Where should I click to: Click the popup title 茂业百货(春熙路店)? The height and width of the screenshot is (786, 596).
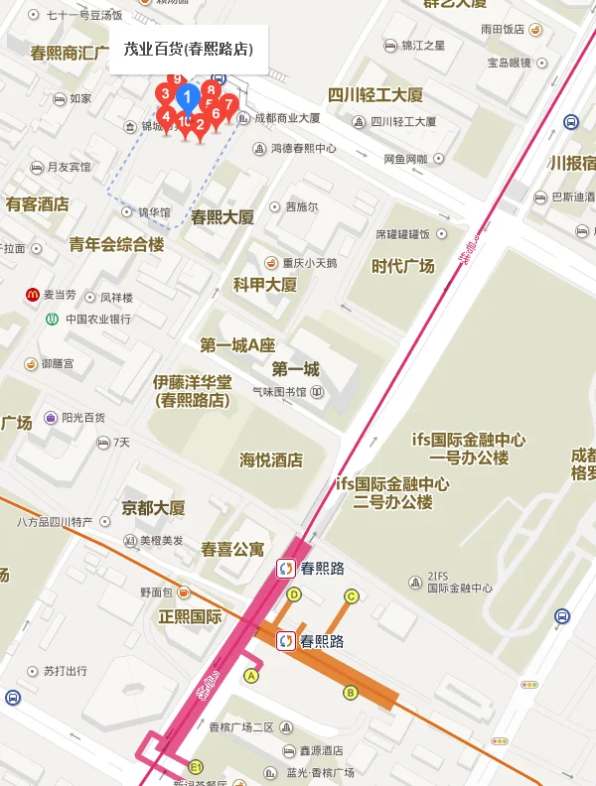pos(188,49)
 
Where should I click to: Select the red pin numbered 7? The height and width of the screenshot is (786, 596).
pos(229,104)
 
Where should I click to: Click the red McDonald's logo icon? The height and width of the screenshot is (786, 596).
pos(33,295)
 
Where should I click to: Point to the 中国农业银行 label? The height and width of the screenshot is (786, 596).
pos(98,320)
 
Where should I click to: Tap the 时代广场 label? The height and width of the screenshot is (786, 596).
pos(402,266)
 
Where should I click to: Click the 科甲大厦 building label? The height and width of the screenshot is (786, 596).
pos(264,285)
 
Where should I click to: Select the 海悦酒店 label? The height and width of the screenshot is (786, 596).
pos(271,460)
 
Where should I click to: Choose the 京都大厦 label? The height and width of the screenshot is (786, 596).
pos(153,508)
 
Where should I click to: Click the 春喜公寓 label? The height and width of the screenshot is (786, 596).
pos(232,548)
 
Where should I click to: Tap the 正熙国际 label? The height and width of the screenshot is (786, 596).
pos(190,616)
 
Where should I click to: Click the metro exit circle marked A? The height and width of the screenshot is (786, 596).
pos(251,676)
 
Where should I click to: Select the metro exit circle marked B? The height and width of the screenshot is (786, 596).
pos(350,693)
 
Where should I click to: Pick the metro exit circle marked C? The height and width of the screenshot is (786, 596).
pos(351,596)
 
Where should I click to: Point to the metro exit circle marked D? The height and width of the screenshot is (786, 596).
pos(293,594)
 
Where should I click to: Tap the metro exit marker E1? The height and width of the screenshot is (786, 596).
pos(196,767)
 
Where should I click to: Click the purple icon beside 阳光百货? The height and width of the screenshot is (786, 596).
pos(51,418)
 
